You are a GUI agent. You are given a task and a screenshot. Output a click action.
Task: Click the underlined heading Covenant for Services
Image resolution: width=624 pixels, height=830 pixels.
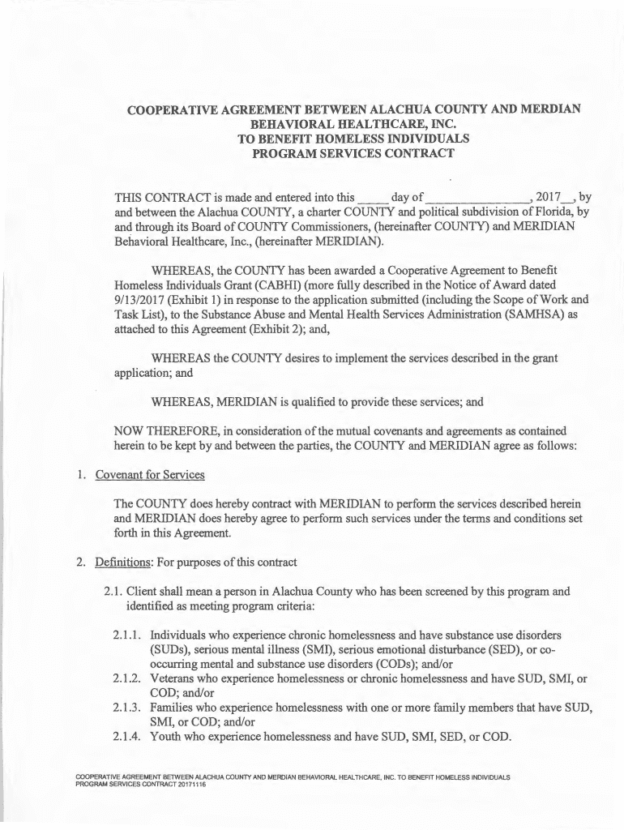[x=150, y=474]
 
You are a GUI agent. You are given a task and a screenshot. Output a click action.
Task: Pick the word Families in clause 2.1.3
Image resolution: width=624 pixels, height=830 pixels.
[x=176, y=707]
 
